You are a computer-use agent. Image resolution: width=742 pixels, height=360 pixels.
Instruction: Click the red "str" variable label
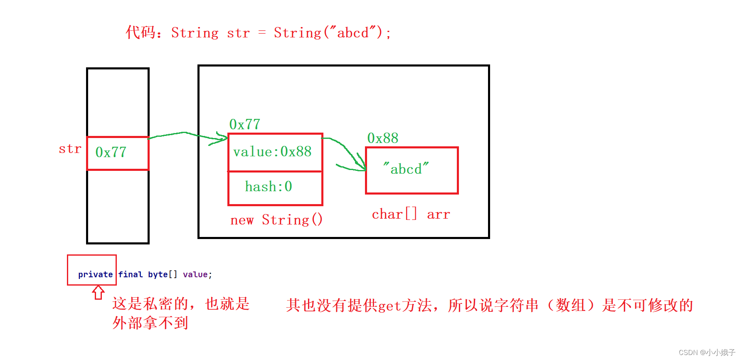click(70, 149)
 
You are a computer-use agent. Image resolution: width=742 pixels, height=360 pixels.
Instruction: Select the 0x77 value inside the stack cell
click(111, 153)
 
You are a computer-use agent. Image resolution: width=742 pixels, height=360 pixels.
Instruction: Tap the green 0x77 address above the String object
click(244, 124)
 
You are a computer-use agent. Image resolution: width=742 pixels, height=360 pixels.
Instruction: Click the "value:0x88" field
click(272, 152)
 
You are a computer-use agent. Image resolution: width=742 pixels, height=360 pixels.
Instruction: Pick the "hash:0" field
click(268, 187)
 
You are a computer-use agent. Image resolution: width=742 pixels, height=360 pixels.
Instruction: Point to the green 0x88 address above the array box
click(382, 138)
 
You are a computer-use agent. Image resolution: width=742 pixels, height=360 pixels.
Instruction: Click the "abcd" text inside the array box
click(406, 169)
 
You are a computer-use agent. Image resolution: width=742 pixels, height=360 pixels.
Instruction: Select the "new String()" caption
click(276, 220)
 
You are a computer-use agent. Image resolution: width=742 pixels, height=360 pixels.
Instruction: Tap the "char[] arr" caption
click(411, 215)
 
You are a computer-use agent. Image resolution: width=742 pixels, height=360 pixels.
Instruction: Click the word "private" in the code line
click(95, 274)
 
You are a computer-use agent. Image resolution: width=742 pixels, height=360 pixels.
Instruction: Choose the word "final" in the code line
click(130, 274)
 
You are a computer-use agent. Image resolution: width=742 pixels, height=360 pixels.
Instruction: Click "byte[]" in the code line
click(163, 274)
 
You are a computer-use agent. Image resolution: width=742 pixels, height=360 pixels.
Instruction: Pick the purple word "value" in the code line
click(195, 274)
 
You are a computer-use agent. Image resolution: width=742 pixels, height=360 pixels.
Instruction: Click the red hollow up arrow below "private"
click(98, 292)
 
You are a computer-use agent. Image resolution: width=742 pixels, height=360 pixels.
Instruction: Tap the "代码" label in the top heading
click(141, 32)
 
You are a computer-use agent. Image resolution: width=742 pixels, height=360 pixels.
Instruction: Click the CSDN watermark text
click(707, 353)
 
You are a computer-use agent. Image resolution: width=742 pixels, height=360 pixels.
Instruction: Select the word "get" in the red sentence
click(389, 306)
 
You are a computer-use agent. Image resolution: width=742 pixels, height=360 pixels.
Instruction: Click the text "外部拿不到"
click(150, 323)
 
